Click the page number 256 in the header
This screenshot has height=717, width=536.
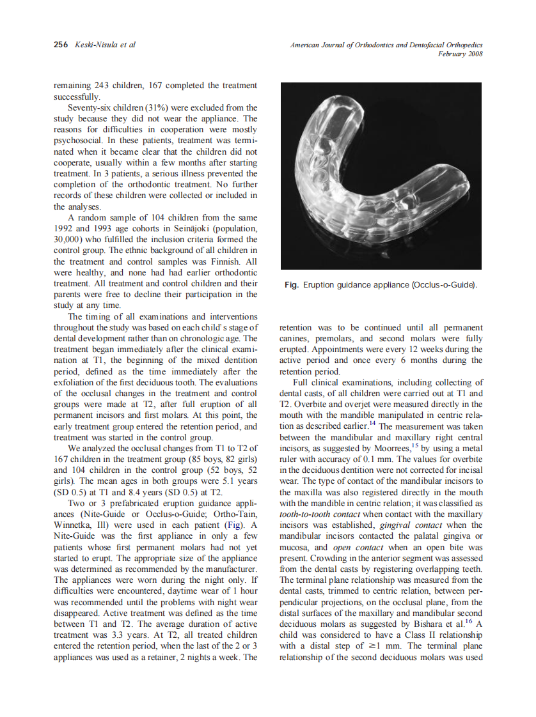60,45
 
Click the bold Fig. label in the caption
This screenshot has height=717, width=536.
292,284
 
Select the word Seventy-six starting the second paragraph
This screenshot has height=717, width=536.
88,107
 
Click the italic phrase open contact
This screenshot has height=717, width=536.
361,547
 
